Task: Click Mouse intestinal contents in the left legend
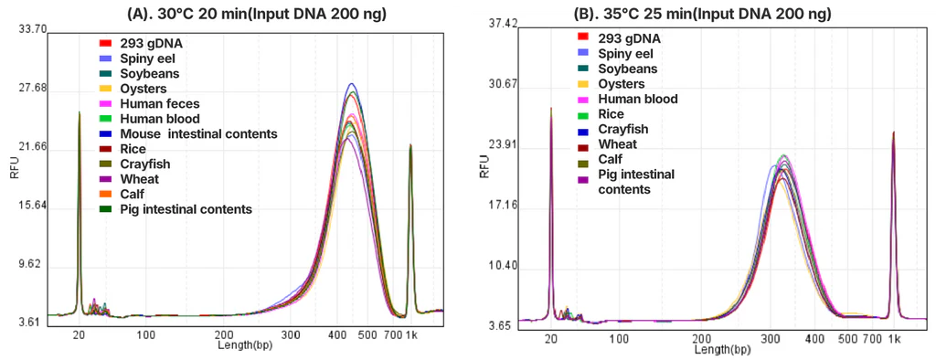click(197, 134)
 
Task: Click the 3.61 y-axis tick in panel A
click(35, 323)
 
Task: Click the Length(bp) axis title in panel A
click(244, 346)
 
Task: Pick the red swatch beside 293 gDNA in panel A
click(105, 44)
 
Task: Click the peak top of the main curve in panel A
click(350, 84)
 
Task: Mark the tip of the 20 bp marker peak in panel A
click(80, 112)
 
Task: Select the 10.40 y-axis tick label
click(504, 266)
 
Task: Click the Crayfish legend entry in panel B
click(623, 129)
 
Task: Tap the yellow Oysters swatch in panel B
click(582, 84)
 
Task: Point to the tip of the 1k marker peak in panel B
click(892, 132)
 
